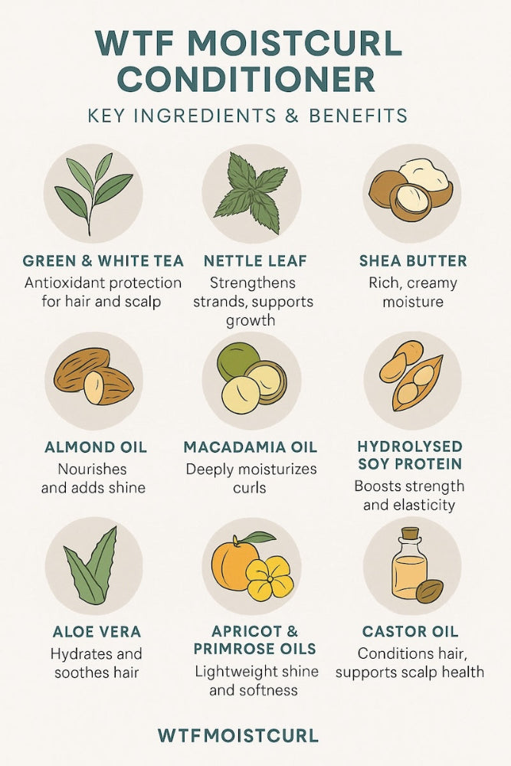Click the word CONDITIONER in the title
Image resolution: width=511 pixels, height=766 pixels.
pyautogui.click(x=256, y=80)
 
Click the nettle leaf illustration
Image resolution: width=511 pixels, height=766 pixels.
pyautogui.click(x=251, y=193)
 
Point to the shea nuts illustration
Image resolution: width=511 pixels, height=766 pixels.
pyautogui.click(x=411, y=191)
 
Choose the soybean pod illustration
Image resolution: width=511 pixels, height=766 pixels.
pyautogui.click(x=412, y=381)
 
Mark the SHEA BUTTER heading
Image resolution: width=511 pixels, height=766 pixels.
pyautogui.click(x=413, y=261)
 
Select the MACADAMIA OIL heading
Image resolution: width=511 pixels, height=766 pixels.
pyautogui.click(x=251, y=447)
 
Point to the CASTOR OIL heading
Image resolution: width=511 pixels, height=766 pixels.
pyautogui.click(x=410, y=632)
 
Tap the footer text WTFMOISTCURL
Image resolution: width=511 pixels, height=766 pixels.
pyautogui.click(x=237, y=736)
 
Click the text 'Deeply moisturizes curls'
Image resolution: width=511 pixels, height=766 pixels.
pyautogui.click(x=251, y=478)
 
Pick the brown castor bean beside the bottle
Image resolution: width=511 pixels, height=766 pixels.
pyautogui.click(x=429, y=591)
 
